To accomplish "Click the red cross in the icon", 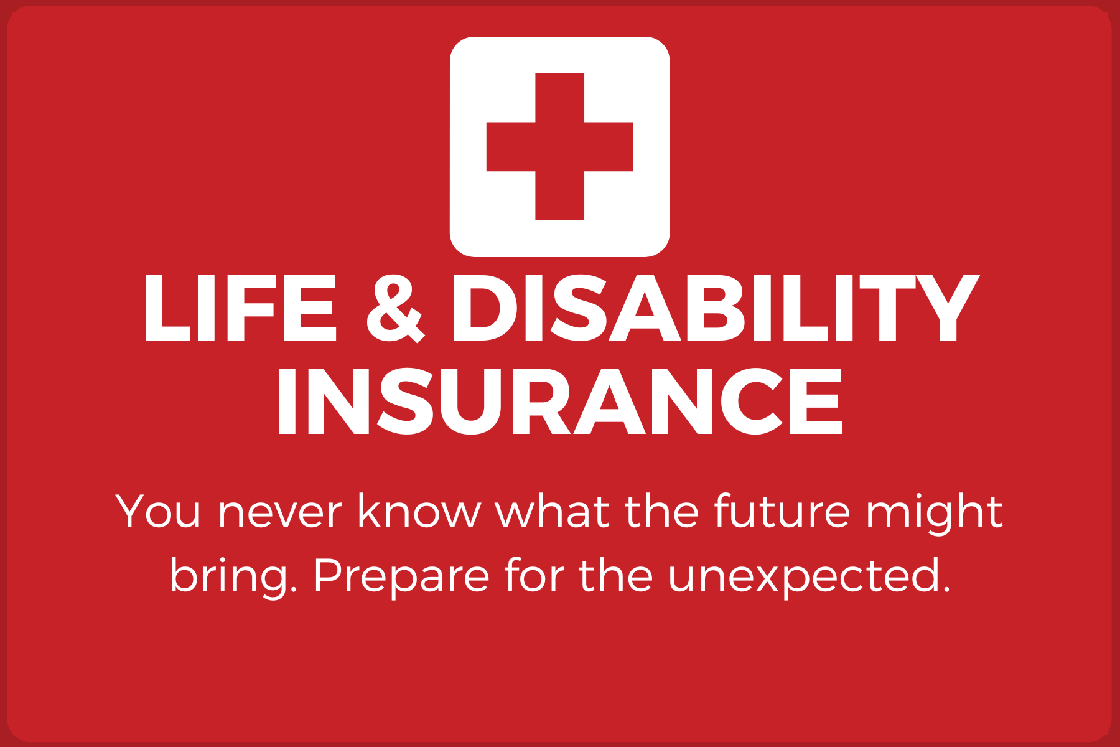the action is pyautogui.click(x=559, y=147).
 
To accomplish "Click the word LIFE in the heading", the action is pyautogui.click(x=240, y=308).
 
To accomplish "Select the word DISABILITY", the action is pyautogui.click(x=716, y=308).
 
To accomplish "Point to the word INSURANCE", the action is pyautogui.click(x=559, y=401).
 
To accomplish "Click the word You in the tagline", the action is pyautogui.click(x=158, y=512).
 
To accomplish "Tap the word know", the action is pyautogui.click(x=419, y=512).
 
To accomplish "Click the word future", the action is pyautogui.click(x=782, y=512).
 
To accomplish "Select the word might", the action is pyautogui.click(x=935, y=515).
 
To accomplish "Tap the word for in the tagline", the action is pyautogui.click(x=533, y=575).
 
